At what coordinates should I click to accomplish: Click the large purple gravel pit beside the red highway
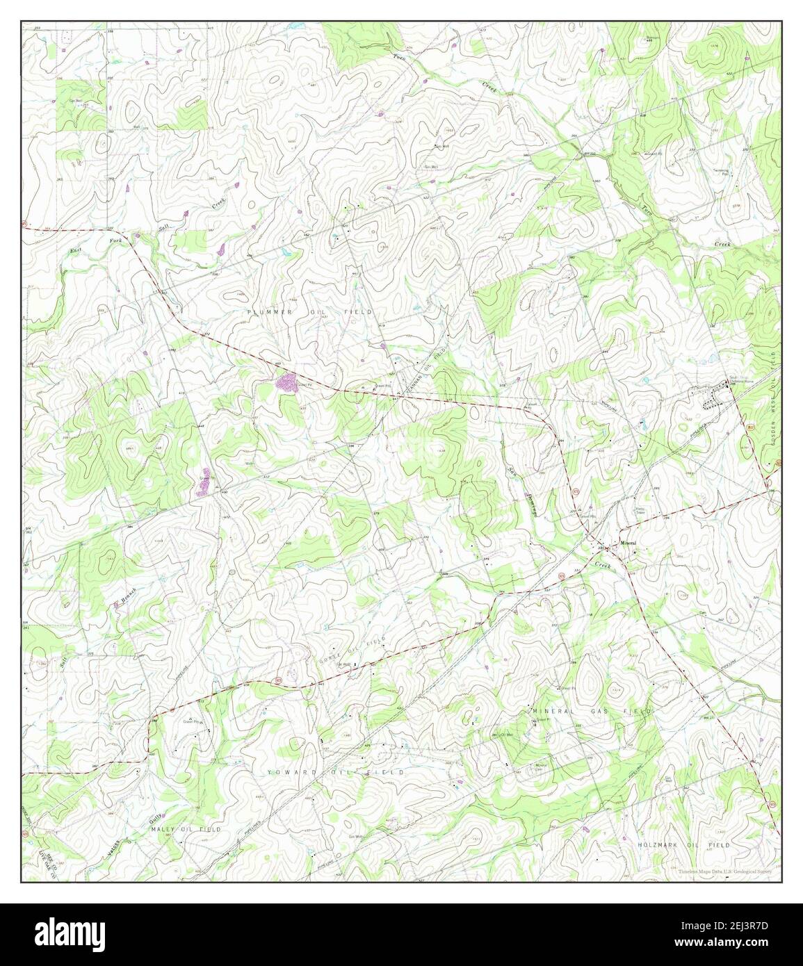[286, 382]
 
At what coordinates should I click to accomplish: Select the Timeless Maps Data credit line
[725, 870]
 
